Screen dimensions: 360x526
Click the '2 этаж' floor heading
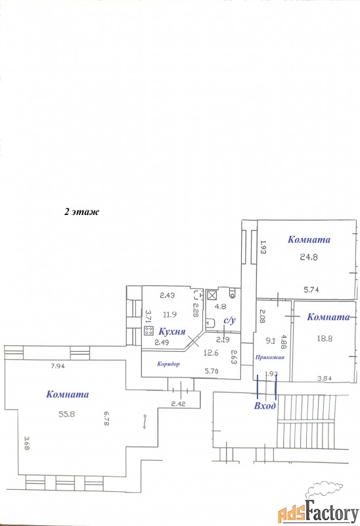[81, 212]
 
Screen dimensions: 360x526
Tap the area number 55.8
[67, 414]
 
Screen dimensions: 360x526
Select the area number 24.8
[308, 257]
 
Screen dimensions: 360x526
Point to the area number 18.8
[325, 339]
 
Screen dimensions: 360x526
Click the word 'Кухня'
[171, 332]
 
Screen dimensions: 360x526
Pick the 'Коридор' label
[168, 364]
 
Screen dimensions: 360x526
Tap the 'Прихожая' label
[270, 358]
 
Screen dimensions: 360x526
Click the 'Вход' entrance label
[265, 406]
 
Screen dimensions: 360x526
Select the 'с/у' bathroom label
[230, 320]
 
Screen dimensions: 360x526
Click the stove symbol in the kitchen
[148, 331]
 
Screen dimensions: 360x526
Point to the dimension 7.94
[58, 366]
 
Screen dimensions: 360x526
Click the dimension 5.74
[311, 290]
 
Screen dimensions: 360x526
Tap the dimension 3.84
[325, 378]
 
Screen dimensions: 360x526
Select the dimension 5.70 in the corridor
[212, 371]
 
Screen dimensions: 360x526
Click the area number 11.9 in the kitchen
[170, 315]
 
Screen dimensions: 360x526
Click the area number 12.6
[211, 352]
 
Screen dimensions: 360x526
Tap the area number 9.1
[271, 341]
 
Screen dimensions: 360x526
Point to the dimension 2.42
[179, 404]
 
